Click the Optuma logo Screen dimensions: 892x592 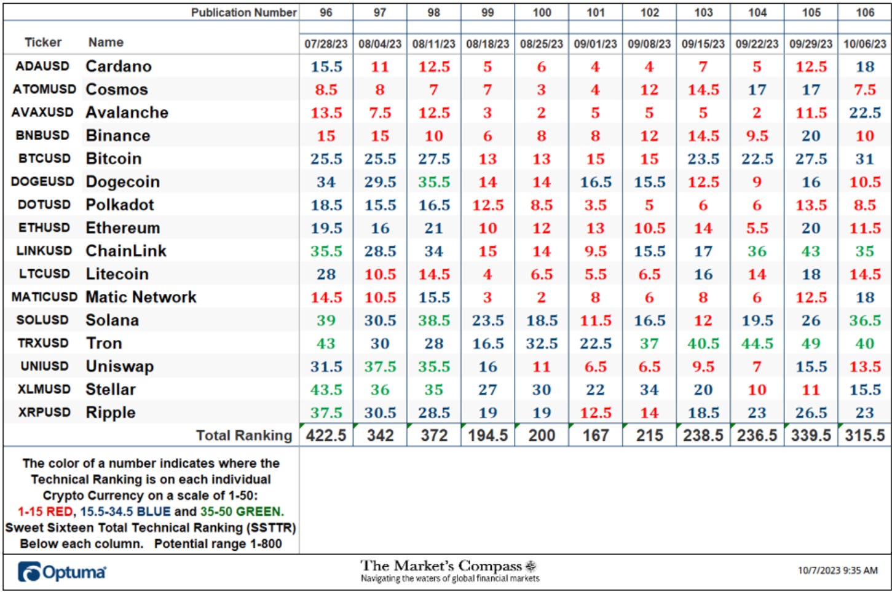[61, 572]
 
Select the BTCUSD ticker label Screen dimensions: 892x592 [45, 159]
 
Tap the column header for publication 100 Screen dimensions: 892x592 [542, 13]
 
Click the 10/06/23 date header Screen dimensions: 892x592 [864, 44]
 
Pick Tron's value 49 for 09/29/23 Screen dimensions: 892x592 [811, 343]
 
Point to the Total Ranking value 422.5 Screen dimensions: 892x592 [326, 435]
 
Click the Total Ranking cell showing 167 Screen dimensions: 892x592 [595, 435]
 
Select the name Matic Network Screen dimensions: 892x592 [141, 297]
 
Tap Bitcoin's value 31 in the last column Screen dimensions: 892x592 [864, 159]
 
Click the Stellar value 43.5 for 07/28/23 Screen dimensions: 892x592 [326, 389]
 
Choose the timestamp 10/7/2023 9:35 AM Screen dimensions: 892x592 [838, 570]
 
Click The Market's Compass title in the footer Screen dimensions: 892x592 [441, 566]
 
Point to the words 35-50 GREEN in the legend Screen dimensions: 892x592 [242, 511]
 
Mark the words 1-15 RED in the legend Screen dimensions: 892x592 [45, 511]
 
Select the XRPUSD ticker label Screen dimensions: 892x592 [45, 412]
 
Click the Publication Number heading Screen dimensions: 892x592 [243, 13]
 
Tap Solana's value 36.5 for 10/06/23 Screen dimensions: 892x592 [864, 320]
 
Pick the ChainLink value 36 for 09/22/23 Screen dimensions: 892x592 [757, 251]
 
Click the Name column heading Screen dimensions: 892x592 [106, 42]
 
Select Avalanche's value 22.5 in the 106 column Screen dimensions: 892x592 [864, 112]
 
